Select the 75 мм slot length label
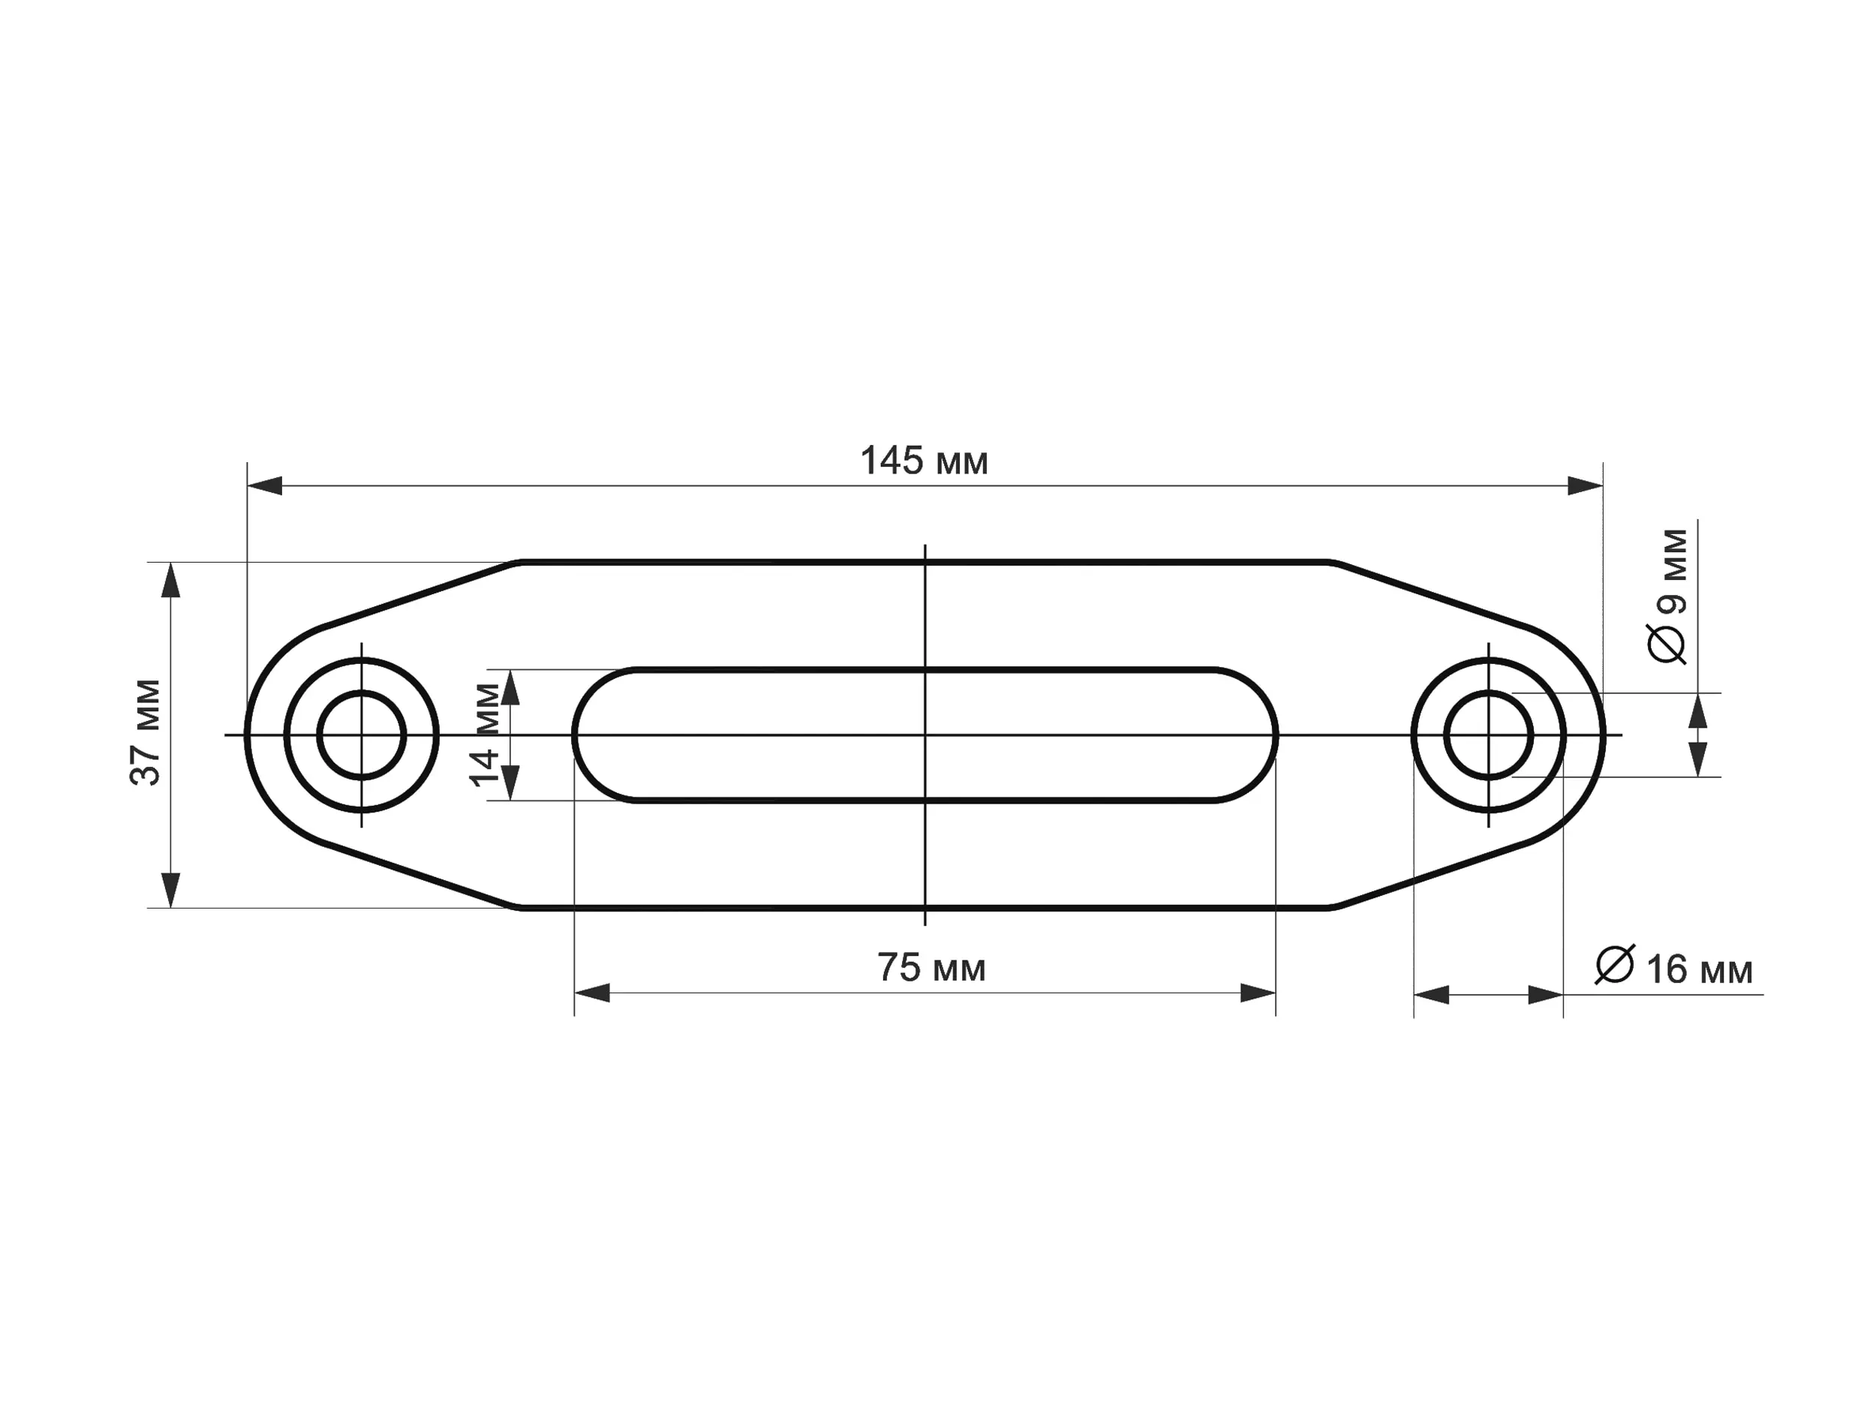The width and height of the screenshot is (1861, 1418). click(931, 968)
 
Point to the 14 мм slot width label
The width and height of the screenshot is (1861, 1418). click(486, 735)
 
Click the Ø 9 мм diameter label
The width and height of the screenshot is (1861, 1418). click(1669, 595)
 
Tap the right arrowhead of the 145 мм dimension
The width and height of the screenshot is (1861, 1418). click(1584, 486)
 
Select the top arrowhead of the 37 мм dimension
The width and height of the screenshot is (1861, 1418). click(171, 581)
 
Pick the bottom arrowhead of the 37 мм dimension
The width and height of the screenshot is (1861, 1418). click(171, 890)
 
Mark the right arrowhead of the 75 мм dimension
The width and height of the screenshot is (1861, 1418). click(1258, 993)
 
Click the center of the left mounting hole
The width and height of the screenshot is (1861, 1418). click(362, 735)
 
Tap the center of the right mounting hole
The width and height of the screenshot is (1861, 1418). click(1489, 735)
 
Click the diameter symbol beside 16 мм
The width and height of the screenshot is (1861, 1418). click(1615, 965)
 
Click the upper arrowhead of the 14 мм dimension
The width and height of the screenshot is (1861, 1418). click(510, 689)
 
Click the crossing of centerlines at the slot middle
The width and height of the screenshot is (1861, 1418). click(925, 735)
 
